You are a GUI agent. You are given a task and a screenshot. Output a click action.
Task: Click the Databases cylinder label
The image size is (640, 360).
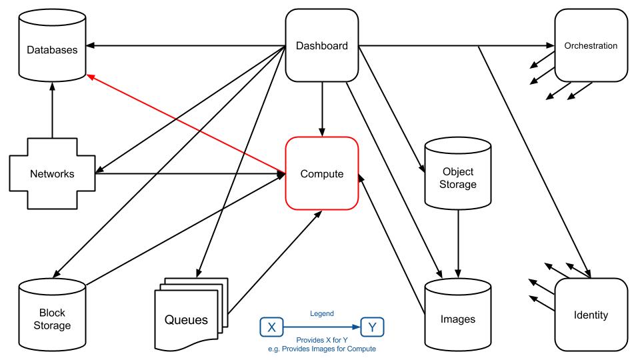click(53, 49)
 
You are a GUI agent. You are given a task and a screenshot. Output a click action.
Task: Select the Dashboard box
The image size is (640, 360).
click(322, 46)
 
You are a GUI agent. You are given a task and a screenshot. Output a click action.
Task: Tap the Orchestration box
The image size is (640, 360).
click(590, 46)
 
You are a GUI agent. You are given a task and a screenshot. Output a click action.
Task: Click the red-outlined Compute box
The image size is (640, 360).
click(322, 174)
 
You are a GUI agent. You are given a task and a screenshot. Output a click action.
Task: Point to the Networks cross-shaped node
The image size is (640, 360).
click(51, 175)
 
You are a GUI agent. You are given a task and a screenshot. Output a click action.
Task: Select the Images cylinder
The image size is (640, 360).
click(458, 319)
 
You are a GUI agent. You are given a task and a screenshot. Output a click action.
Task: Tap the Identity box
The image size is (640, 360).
click(591, 315)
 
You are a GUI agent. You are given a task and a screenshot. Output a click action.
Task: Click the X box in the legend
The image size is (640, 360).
click(271, 327)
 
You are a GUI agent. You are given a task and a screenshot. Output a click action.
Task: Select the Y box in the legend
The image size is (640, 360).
click(372, 327)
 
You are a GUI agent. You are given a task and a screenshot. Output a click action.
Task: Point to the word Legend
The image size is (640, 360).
click(322, 313)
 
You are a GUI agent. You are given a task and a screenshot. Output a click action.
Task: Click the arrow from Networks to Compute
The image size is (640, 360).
click(187, 175)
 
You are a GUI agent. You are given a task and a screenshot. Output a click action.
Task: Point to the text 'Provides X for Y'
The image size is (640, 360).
click(322, 340)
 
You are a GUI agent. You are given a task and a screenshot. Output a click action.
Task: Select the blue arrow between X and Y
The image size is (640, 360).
click(322, 327)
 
